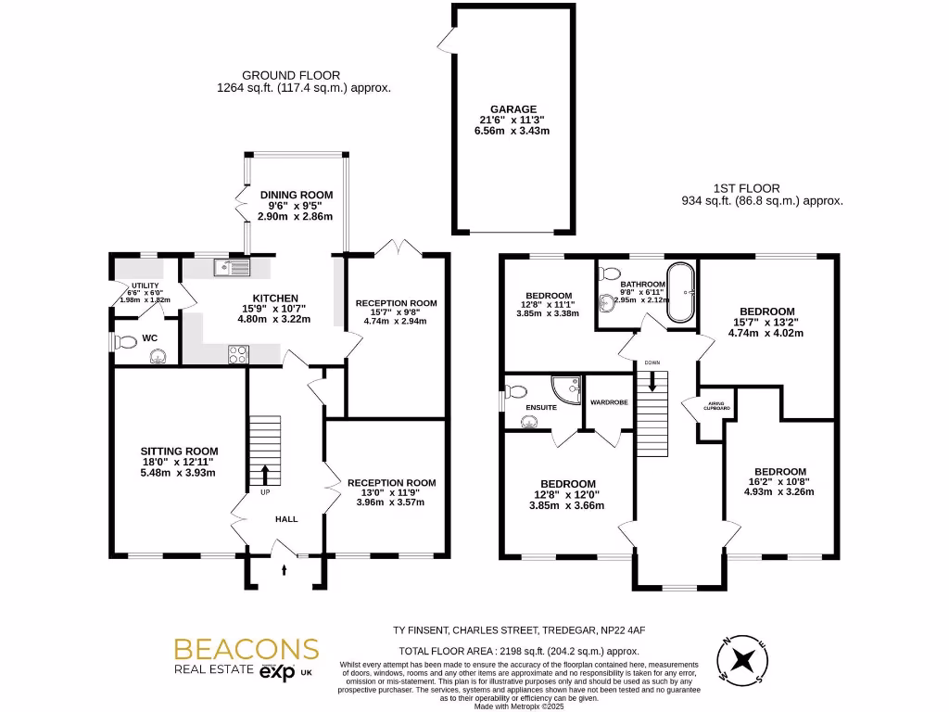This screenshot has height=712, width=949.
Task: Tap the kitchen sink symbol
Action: pos(231,269)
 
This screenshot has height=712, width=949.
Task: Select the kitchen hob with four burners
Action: pos(238,352)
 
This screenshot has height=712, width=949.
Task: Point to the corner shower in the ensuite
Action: pos(567,390)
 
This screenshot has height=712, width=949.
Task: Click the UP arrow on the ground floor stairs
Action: pos(265,475)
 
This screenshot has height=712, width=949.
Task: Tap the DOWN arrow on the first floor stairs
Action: pos(652,381)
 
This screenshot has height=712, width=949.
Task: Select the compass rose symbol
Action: pos(744,660)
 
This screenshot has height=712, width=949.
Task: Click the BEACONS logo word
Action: pos(247,649)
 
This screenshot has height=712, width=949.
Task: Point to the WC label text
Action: pos(149,338)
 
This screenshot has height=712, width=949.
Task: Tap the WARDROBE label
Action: pos(609,402)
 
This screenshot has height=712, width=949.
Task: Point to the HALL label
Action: pos(286,519)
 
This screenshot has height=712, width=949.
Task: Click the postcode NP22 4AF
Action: pos(620,629)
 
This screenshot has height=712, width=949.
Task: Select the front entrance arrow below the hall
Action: pos(285,567)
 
